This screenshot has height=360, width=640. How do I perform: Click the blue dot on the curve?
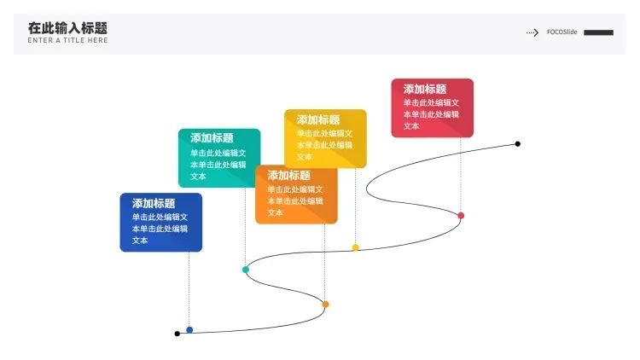189,330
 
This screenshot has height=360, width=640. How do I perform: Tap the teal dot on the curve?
246,270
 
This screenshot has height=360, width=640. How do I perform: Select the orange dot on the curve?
325,304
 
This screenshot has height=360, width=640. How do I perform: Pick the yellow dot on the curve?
356,247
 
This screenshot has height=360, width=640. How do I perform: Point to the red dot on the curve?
461,216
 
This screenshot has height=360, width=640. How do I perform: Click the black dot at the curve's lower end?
177,334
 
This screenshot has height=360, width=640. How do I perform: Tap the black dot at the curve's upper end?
518,143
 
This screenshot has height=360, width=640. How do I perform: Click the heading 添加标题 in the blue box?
154,203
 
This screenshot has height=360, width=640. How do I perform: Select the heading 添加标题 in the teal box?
212,138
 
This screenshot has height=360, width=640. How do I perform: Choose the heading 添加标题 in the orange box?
289,176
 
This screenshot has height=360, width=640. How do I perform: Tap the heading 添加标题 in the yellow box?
318,119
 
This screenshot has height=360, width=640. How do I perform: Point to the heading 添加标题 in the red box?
425,89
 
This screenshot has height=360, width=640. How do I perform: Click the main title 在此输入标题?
67,28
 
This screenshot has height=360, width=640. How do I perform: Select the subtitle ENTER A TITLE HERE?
67,40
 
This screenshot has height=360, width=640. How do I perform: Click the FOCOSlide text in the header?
562,32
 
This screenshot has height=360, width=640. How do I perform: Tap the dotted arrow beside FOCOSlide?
532,32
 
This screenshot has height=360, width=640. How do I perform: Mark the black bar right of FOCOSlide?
598,32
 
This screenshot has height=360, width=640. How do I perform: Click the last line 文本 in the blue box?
140,241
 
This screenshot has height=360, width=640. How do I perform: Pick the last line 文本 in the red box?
411,126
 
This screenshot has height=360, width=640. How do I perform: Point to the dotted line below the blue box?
189,289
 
